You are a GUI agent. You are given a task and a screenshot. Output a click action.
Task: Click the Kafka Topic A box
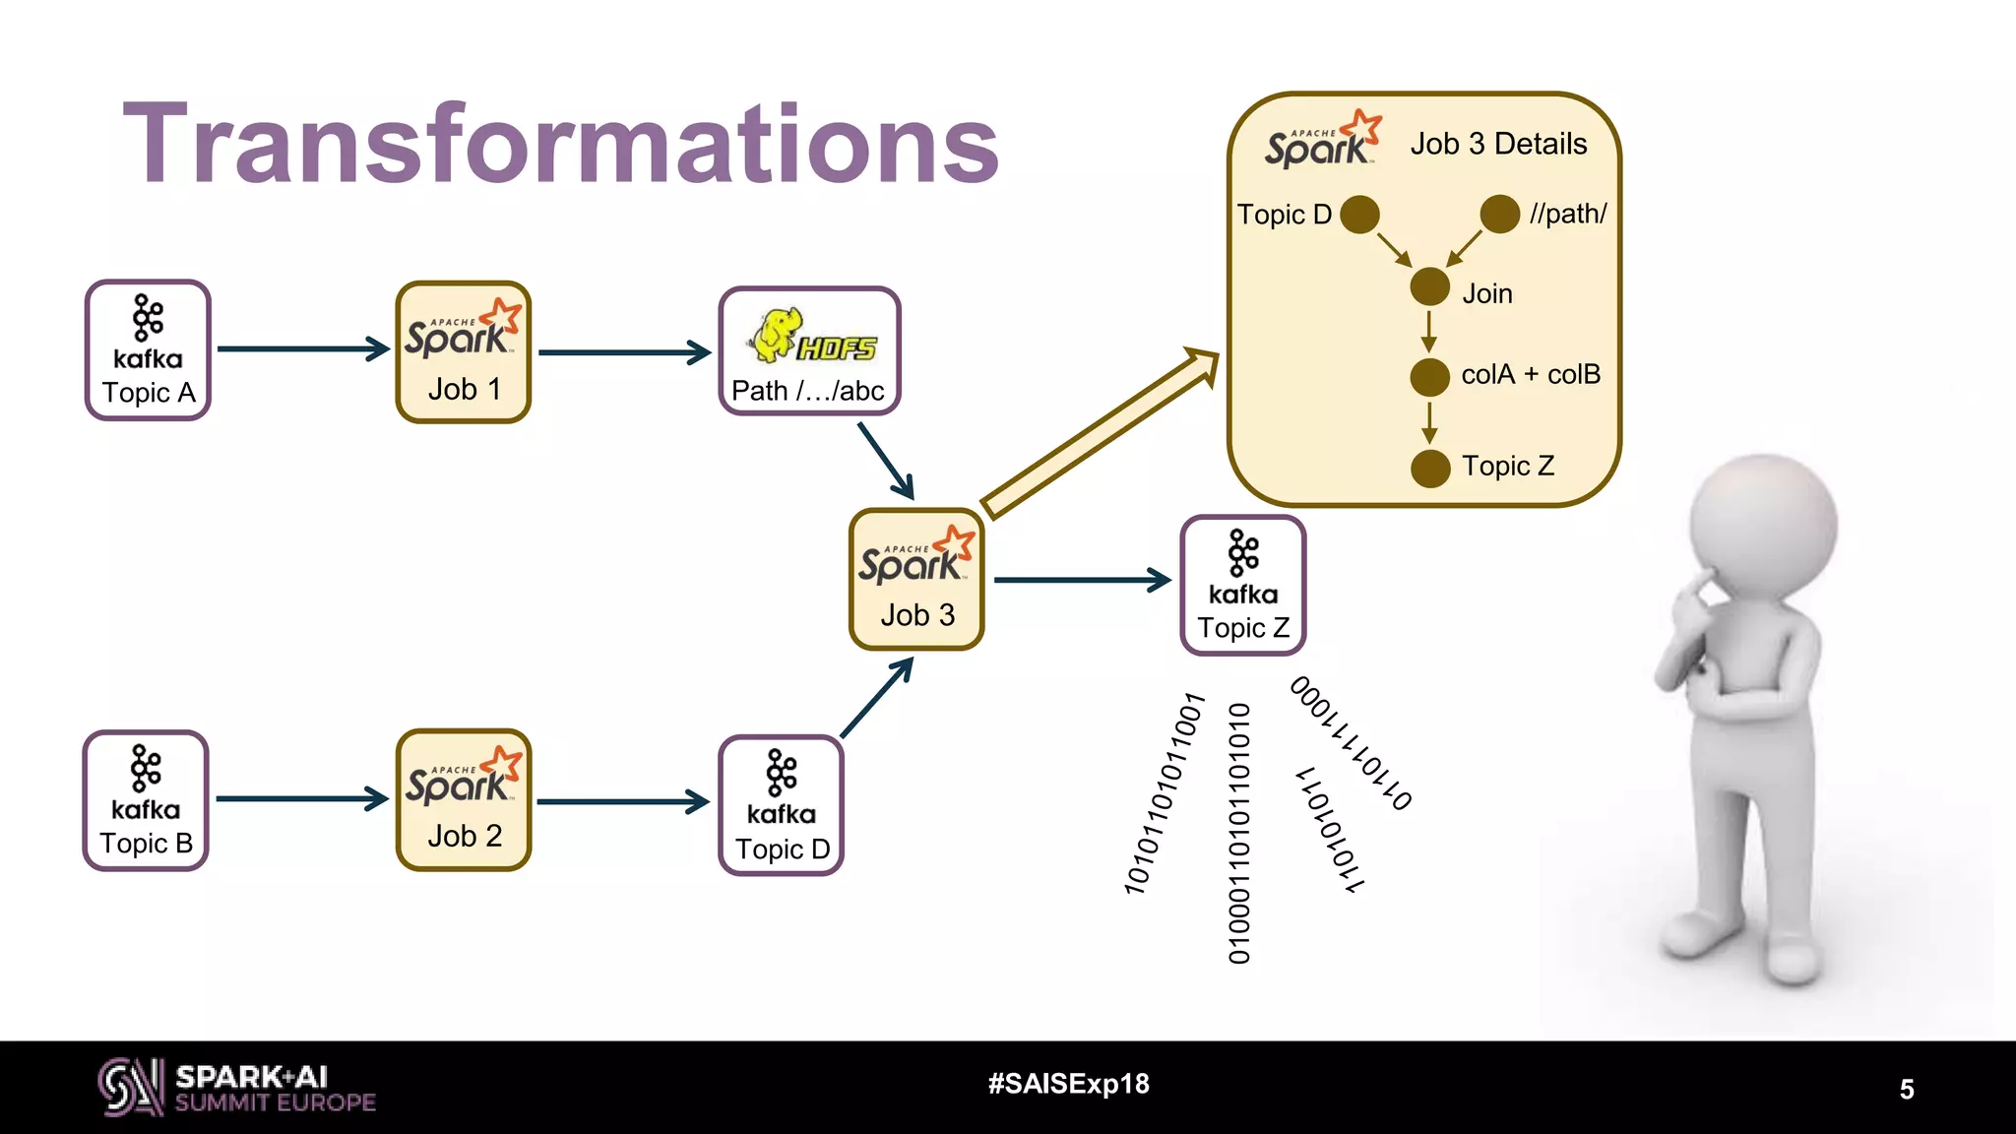point(148,350)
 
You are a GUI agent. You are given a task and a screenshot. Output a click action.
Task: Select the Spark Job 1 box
point(463,352)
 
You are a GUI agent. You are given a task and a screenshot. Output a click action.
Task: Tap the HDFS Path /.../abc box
point(809,351)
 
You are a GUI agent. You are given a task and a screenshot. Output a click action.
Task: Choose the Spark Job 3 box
point(916,579)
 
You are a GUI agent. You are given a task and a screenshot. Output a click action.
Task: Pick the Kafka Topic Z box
point(1242,585)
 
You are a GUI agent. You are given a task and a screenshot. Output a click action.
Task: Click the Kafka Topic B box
point(146,800)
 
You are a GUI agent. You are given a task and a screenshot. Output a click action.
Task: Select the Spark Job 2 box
point(463,799)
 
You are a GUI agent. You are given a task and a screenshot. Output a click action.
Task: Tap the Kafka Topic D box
point(782,805)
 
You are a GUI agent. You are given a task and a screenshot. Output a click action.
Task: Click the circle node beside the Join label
point(1429,287)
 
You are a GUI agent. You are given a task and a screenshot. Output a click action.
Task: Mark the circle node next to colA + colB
point(1429,377)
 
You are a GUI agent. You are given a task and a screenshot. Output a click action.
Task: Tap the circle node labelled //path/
point(1499,214)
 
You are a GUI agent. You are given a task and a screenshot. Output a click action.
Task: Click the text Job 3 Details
point(1498,144)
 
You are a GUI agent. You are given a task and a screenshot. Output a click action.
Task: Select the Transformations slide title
point(561,144)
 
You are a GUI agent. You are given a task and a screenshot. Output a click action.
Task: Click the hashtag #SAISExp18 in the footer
point(1068,1084)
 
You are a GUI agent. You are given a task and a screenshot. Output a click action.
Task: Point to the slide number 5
point(1907,1089)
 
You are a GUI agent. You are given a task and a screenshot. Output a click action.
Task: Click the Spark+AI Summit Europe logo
point(236,1088)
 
